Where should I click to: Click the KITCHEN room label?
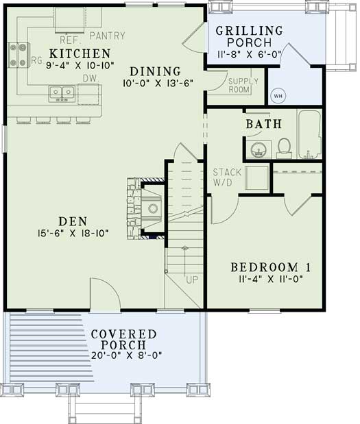click(80, 53)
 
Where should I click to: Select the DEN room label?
click(72, 221)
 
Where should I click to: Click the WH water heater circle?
click(278, 95)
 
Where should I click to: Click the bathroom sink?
click(259, 149)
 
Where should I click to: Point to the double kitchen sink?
click(63, 92)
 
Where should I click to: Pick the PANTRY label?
click(112, 34)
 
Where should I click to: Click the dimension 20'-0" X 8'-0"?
click(123, 356)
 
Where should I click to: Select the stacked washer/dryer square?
click(256, 178)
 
